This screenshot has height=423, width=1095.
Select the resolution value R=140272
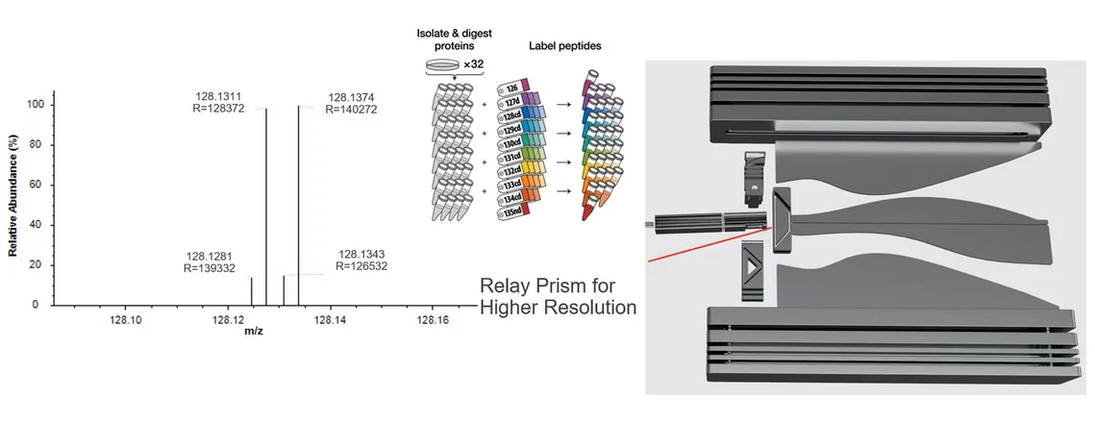click(355, 110)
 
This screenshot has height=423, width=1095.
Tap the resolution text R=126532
click(362, 266)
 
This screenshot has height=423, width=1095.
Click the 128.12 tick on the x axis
click(229, 320)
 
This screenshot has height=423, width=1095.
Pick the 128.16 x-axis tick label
click(431, 320)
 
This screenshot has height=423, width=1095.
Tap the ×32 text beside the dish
click(473, 64)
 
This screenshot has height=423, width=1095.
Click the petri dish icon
click(441, 64)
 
